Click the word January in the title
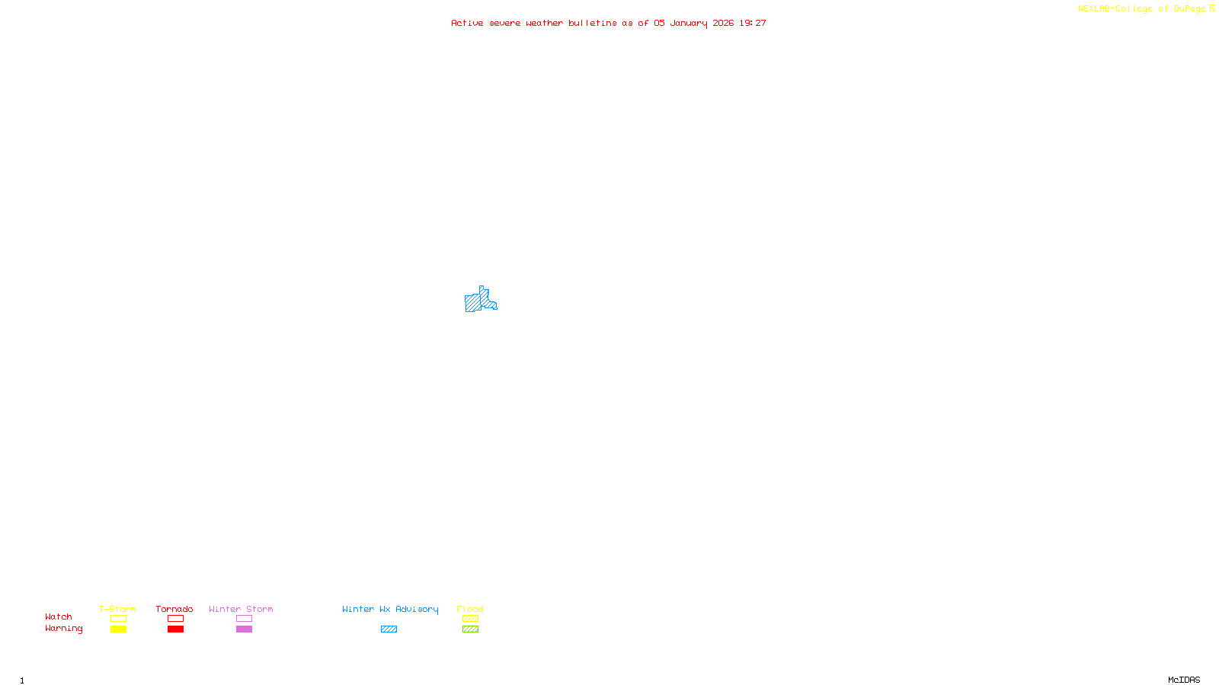point(688,24)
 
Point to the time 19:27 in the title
point(752,24)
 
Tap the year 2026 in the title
point(723,24)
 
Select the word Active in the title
point(466,24)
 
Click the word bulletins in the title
point(592,24)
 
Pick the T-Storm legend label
point(117,609)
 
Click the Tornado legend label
point(174,609)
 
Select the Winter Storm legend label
point(241,609)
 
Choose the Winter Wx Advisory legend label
point(390,609)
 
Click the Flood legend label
point(470,609)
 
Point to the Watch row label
point(59,616)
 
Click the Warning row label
point(63,629)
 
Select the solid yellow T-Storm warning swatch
point(118,629)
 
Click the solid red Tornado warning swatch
point(175,629)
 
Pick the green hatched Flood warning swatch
point(470,629)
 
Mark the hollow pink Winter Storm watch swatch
point(244,619)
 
